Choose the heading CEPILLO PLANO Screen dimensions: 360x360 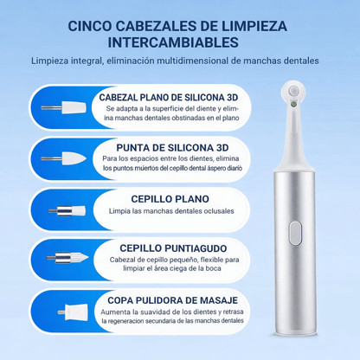tap(170, 198)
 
